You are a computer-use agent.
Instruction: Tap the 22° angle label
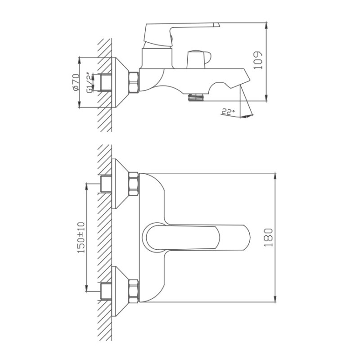228,112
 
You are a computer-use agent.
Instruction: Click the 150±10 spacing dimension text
81,237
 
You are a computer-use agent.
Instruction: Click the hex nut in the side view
134,82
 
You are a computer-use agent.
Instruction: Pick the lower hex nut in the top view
134,291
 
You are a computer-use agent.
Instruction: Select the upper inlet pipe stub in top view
106,184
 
